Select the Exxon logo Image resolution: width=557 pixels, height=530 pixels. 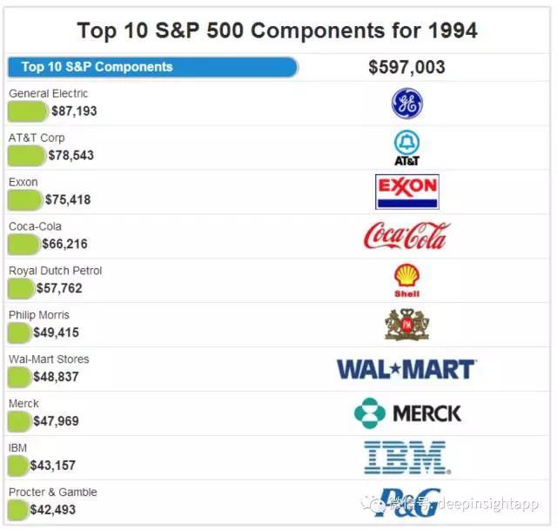406,191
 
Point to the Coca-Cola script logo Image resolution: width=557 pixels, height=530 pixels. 406,236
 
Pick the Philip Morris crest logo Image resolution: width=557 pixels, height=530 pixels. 406,325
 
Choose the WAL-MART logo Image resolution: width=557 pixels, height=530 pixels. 406,369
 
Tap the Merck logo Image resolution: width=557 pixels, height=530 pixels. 407,413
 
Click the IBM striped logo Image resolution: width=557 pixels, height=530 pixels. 406,457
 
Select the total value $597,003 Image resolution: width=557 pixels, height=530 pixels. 406,67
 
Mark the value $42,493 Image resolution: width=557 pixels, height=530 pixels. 53,509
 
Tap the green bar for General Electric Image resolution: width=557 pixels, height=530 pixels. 28,111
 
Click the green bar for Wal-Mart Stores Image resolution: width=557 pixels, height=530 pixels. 20,376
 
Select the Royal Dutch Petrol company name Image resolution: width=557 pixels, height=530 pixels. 55,271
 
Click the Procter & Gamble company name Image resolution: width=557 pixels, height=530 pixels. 53,492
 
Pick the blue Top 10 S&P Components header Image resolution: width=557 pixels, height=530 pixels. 152,67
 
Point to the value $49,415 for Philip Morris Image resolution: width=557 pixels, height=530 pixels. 57,332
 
